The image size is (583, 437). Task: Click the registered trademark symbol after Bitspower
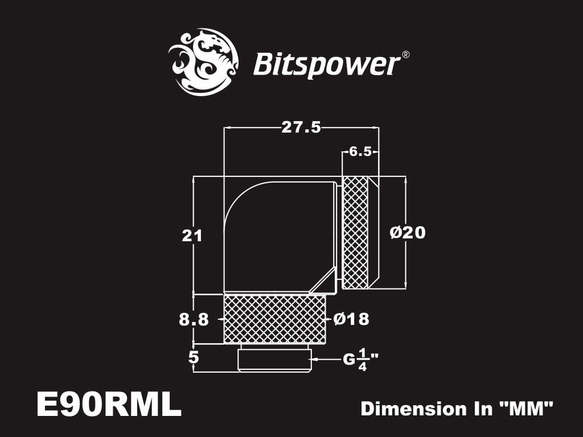(x=405, y=55)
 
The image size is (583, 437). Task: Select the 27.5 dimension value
(x=301, y=127)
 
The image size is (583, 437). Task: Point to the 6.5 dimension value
(x=360, y=151)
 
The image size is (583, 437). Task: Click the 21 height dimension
(x=192, y=235)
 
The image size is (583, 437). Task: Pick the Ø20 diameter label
(x=408, y=232)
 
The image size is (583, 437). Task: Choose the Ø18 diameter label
(x=351, y=319)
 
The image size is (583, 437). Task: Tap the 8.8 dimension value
(x=194, y=320)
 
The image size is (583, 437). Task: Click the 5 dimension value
(x=194, y=357)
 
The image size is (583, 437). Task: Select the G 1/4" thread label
(x=360, y=360)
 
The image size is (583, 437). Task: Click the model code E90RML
(x=108, y=405)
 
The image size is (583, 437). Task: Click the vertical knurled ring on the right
(x=356, y=232)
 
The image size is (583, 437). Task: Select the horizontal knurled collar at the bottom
(x=274, y=319)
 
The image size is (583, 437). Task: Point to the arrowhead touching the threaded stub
(x=315, y=360)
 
